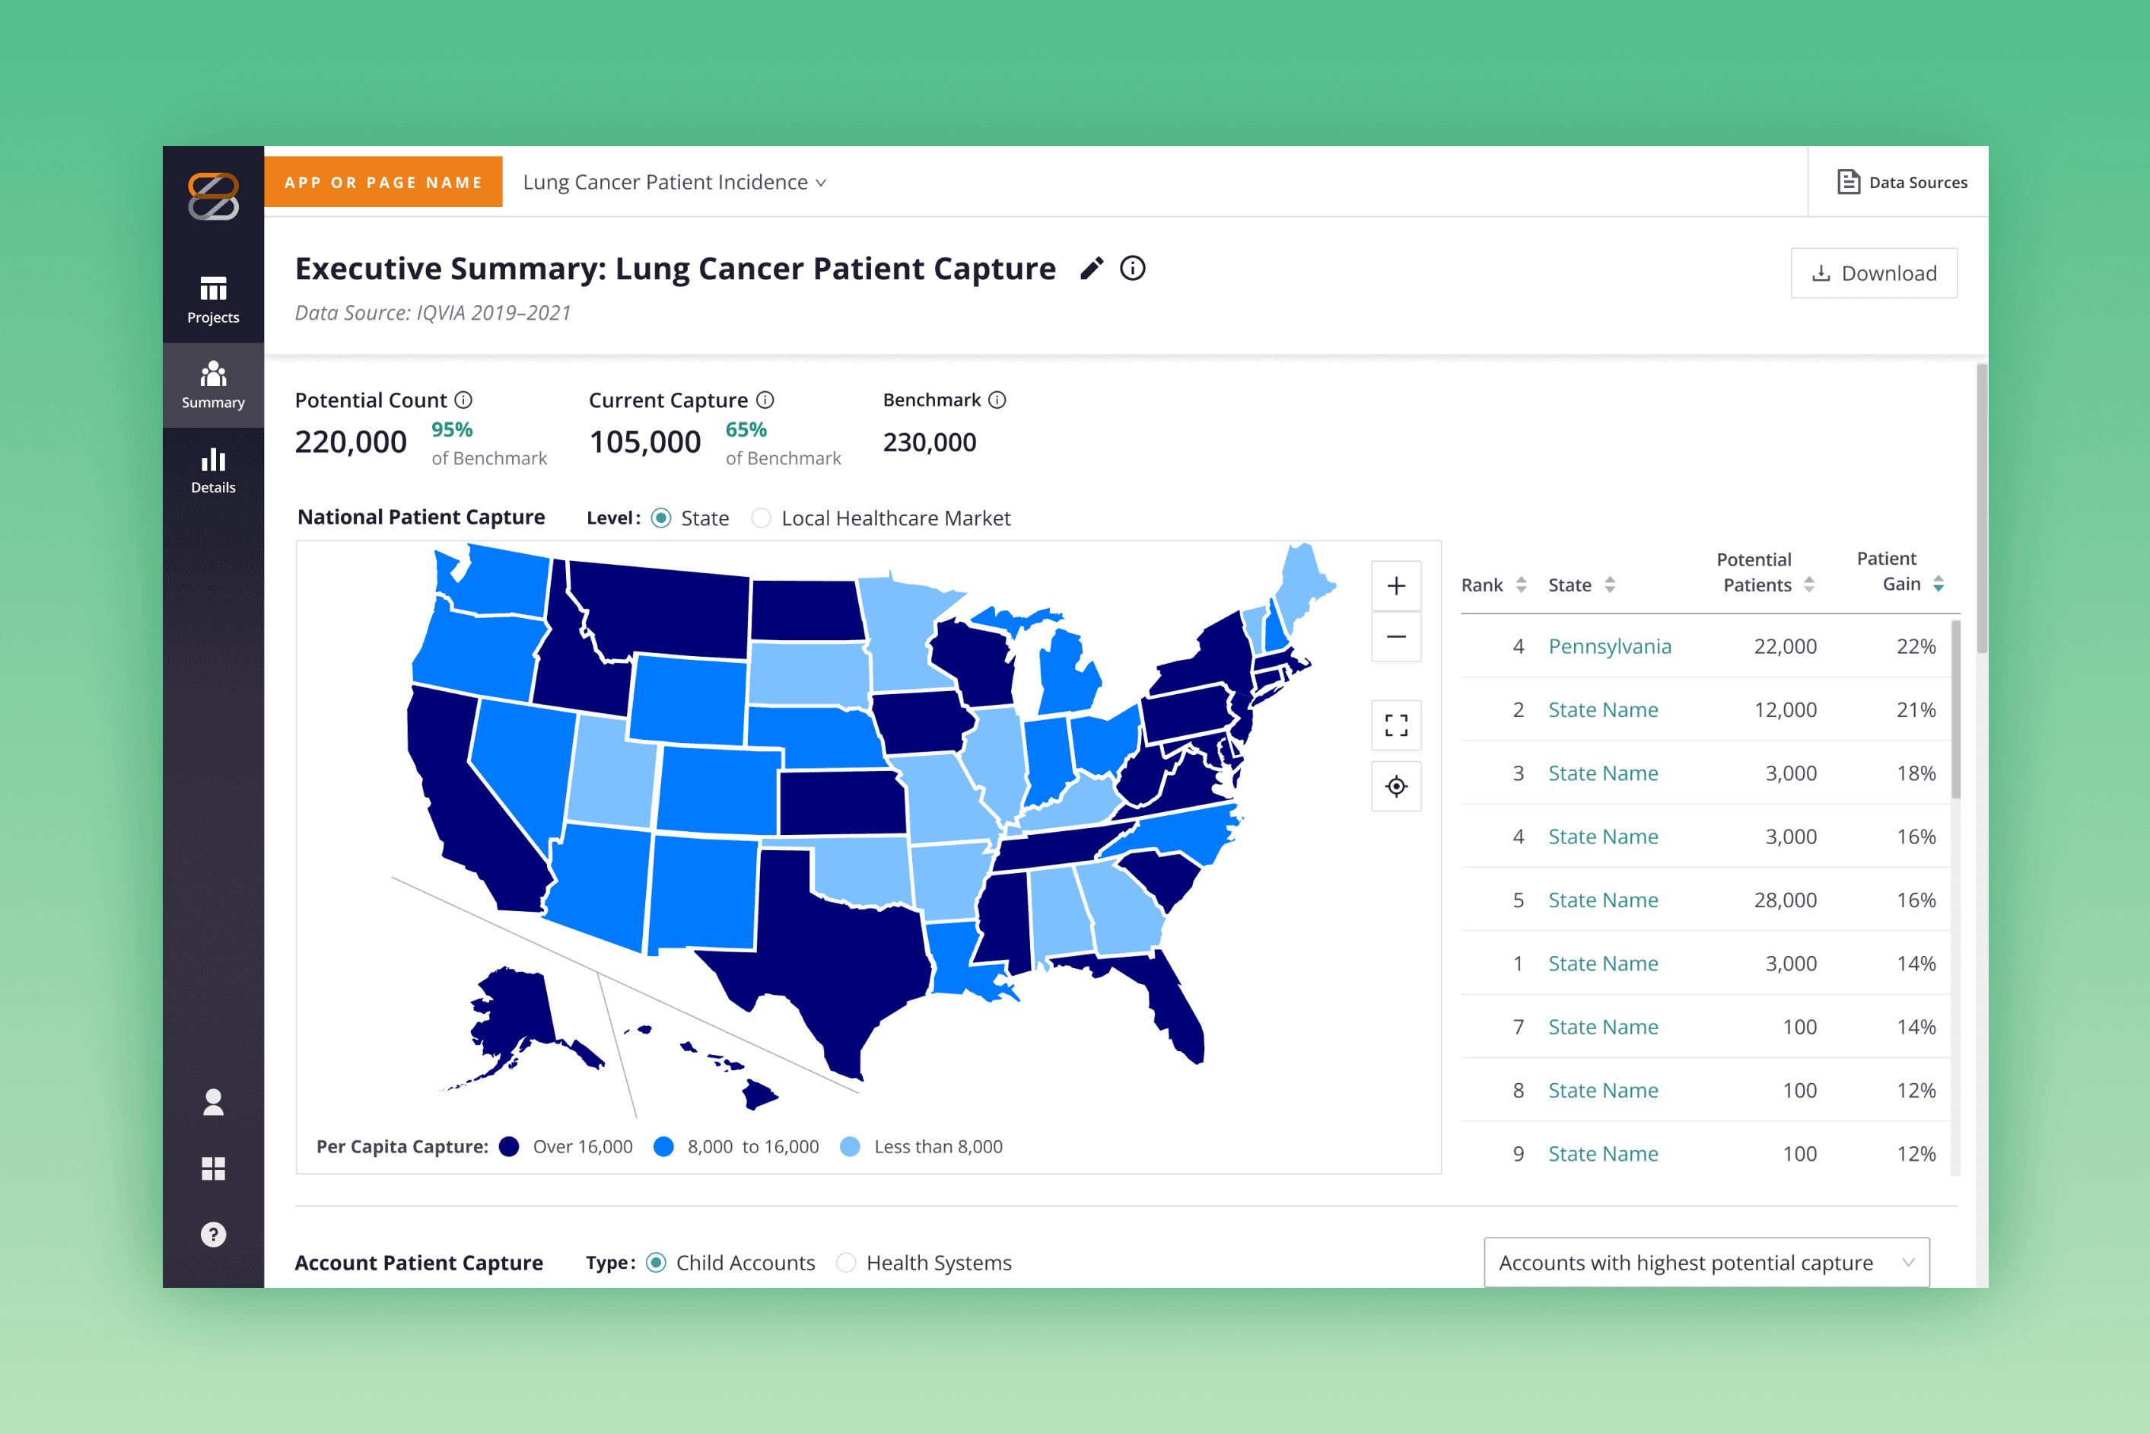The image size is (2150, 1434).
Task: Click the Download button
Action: (x=1874, y=273)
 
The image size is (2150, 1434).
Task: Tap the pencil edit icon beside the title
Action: (x=1092, y=268)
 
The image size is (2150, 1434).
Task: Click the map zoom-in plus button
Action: (x=1396, y=586)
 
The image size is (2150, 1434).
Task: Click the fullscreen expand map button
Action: (x=1396, y=725)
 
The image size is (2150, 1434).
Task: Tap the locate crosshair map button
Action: (x=1396, y=786)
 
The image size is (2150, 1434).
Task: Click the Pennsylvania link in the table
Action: (x=1610, y=646)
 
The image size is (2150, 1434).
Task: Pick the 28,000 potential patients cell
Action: (x=1786, y=900)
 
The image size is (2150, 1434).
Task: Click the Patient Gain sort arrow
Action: (x=1938, y=585)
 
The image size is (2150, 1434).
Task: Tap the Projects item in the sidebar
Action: (x=213, y=300)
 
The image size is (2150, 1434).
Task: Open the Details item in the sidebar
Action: (x=213, y=470)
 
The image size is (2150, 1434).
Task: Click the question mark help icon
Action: (x=213, y=1235)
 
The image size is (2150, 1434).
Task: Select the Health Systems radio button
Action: (x=847, y=1263)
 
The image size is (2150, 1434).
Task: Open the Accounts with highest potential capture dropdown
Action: (x=1706, y=1263)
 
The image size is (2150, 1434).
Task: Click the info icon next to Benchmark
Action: (x=997, y=400)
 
